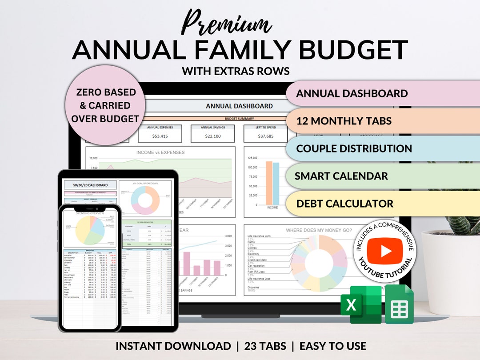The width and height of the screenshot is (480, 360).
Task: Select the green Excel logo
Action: coord(361,304)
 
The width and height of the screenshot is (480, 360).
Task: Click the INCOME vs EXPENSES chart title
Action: coord(160,152)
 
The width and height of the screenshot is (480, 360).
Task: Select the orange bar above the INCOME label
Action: coord(269,183)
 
